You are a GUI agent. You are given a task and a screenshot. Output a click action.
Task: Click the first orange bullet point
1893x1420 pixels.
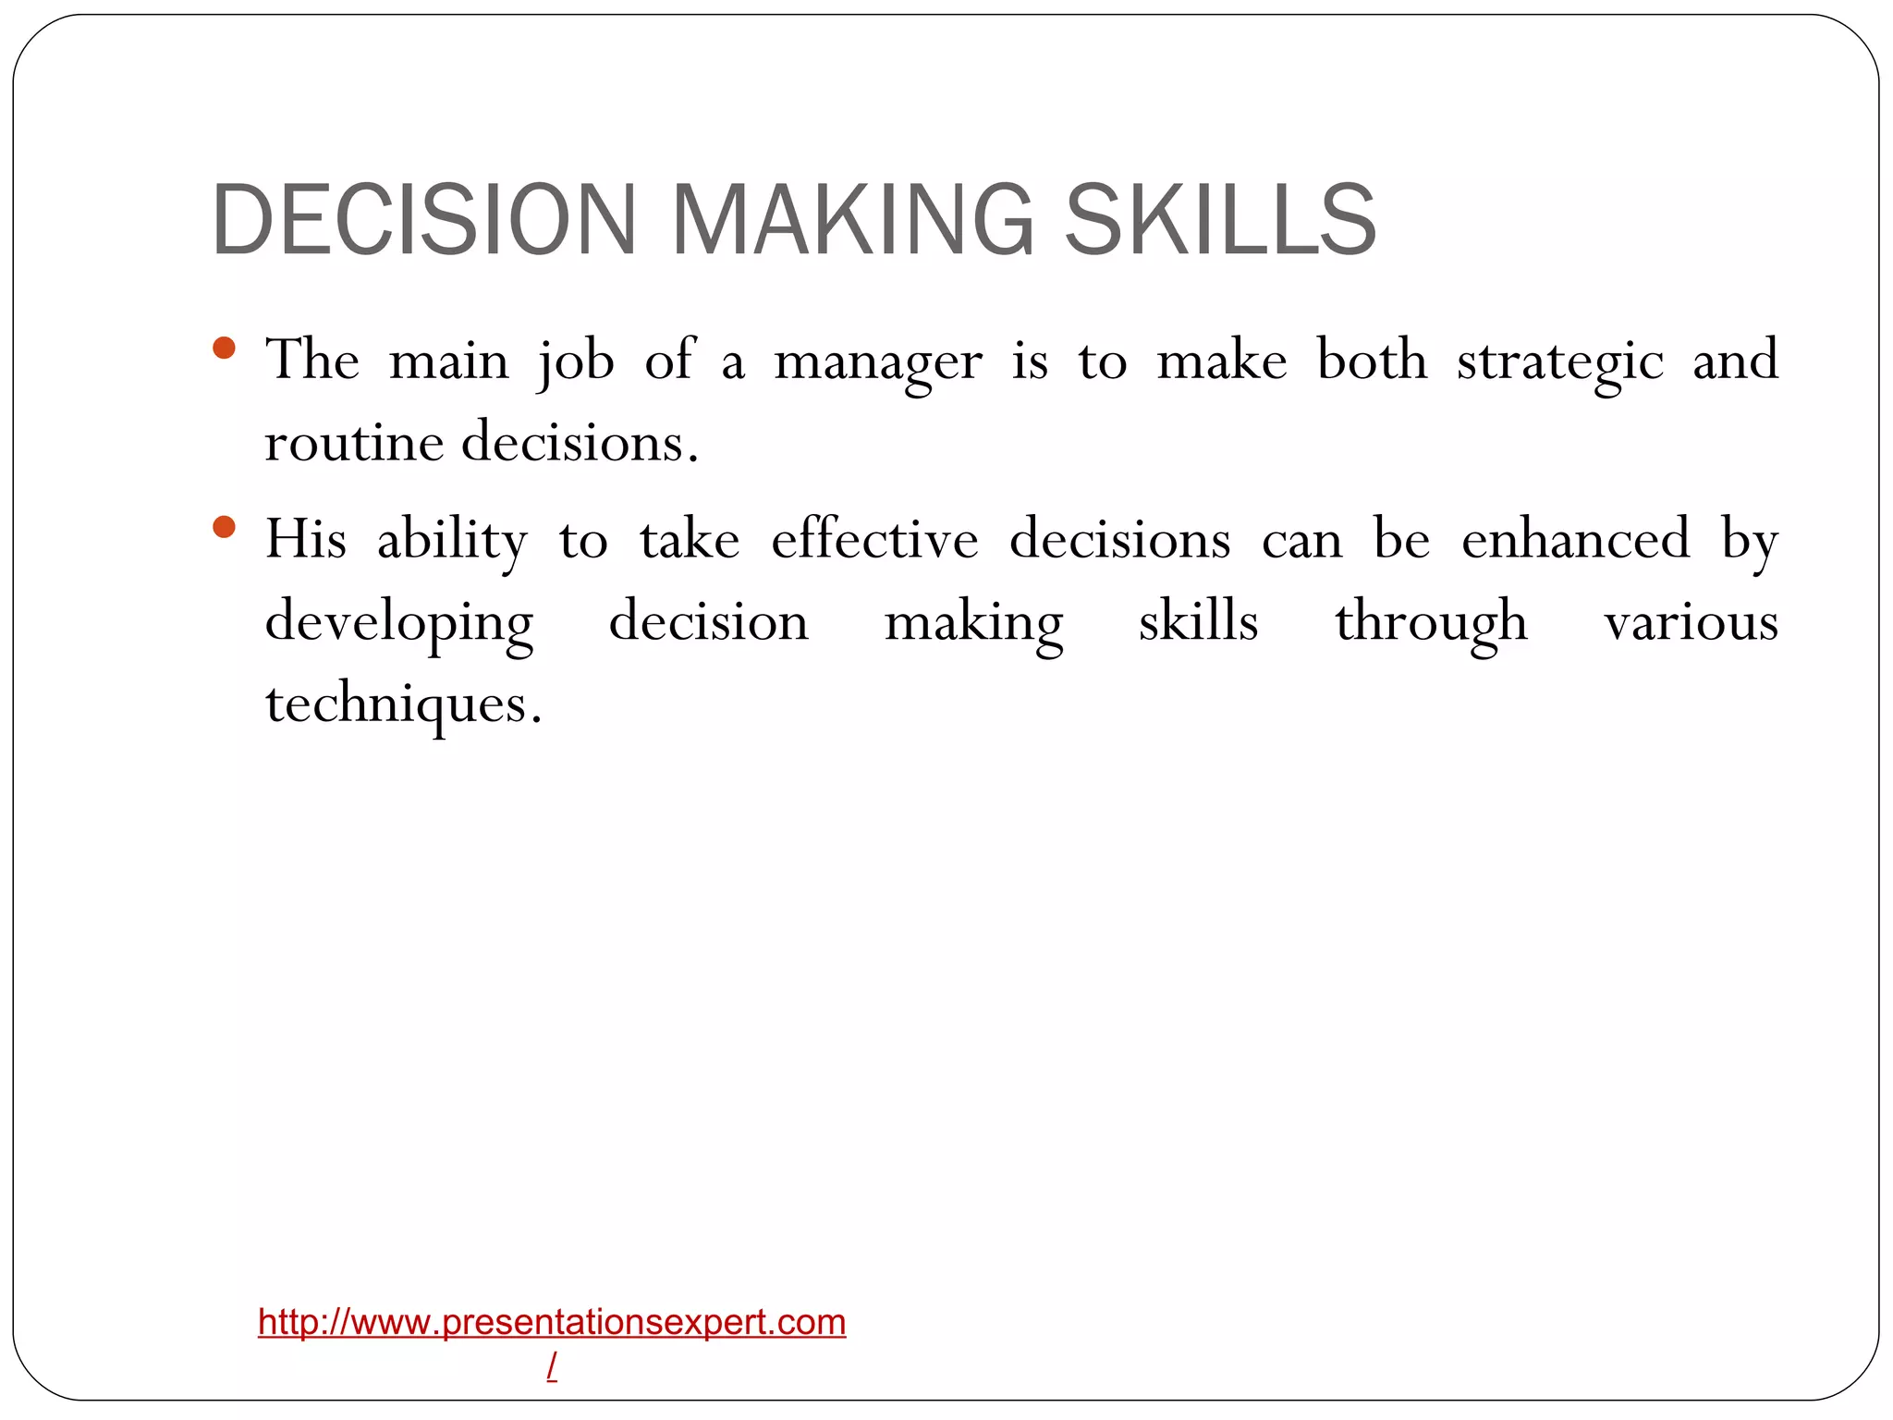224,349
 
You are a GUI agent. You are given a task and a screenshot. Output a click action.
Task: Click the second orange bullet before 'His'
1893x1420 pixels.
224,527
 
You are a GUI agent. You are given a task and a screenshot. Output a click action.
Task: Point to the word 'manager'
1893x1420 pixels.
877,362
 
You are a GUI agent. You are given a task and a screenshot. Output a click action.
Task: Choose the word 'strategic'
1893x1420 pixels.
1559,362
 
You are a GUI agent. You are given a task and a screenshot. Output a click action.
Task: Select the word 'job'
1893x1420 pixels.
576,362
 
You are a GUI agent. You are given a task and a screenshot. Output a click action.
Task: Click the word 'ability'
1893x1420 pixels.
452,541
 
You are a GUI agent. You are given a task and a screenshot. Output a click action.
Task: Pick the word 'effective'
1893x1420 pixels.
874,540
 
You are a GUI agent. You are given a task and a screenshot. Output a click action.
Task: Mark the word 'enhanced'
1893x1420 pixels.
1575,540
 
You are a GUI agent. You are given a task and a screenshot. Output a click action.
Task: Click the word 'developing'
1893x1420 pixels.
399,623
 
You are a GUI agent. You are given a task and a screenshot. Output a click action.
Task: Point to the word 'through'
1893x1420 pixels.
1431,623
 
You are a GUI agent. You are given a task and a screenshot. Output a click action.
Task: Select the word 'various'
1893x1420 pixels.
1691,623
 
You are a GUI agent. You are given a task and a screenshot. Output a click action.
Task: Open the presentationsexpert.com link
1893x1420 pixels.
552,1322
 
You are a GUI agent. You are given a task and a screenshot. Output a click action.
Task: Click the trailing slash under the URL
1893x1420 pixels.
552,1365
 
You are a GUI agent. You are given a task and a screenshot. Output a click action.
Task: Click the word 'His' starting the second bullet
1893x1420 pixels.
306,540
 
